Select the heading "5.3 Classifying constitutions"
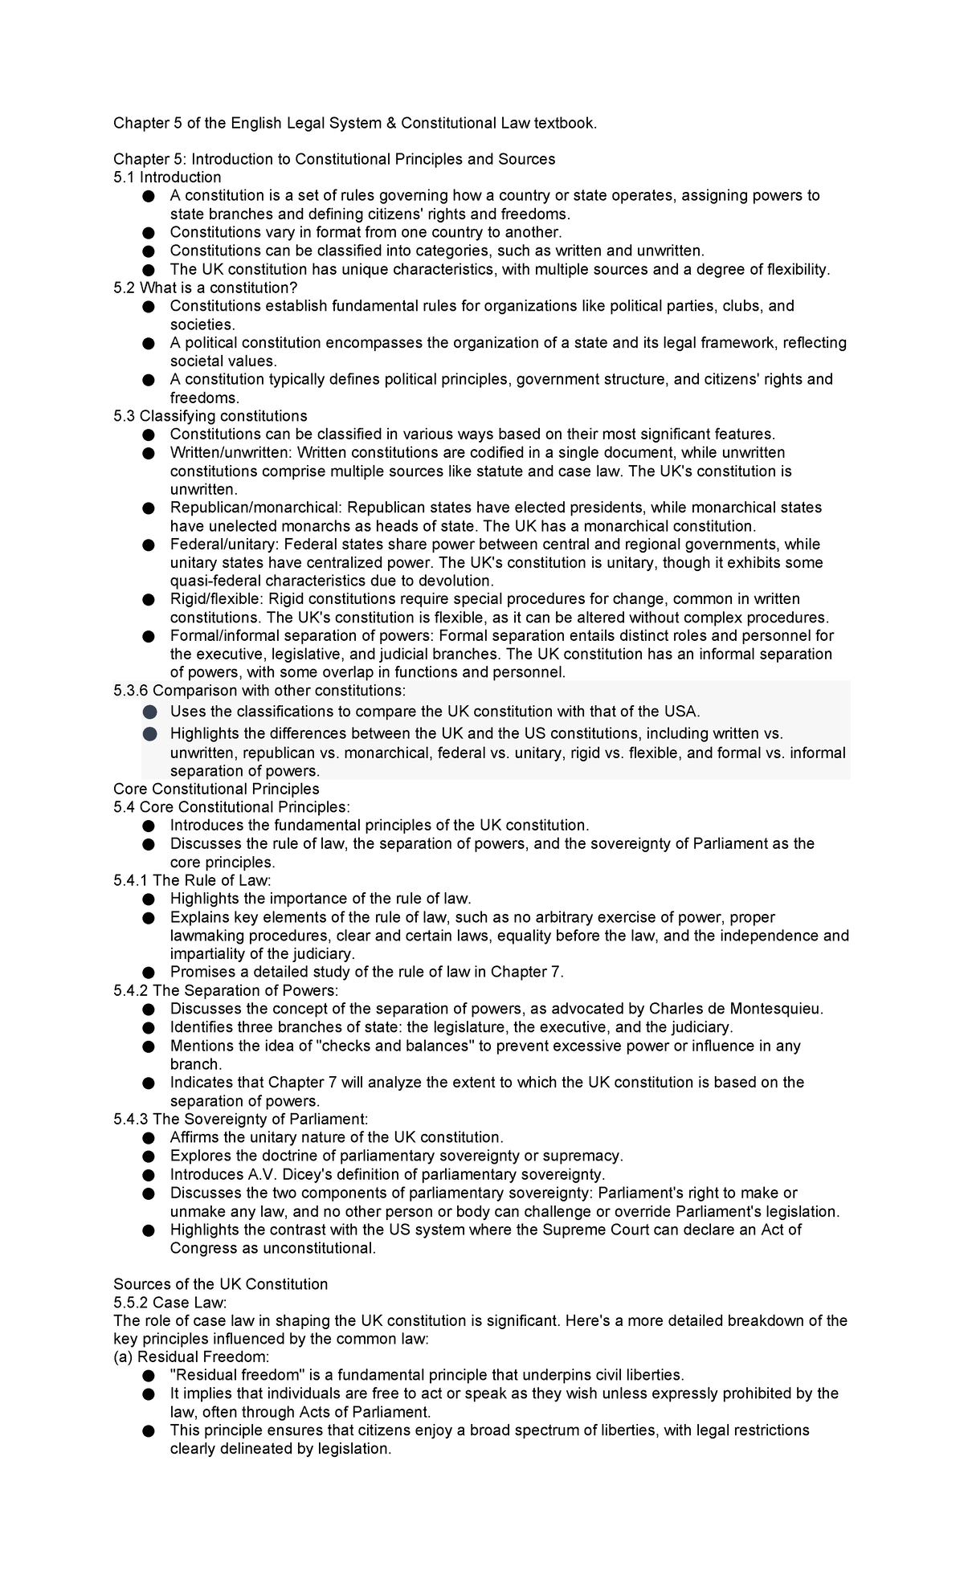coord(210,416)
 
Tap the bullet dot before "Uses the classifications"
coord(149,712)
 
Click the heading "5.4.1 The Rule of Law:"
coord(193,880)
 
